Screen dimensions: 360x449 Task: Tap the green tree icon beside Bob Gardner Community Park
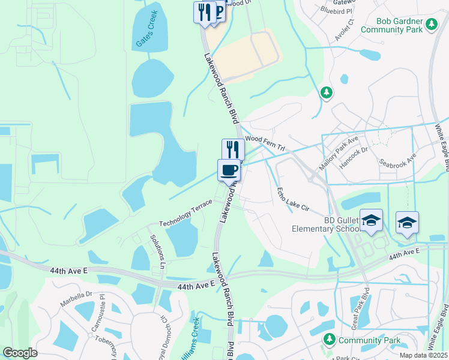(431, 24)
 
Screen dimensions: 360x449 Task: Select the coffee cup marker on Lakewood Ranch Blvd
(228, 170)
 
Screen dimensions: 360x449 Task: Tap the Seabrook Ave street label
(398, 160)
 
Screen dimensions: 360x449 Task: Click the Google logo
(20, 353)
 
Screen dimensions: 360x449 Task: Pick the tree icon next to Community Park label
(328, 340)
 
